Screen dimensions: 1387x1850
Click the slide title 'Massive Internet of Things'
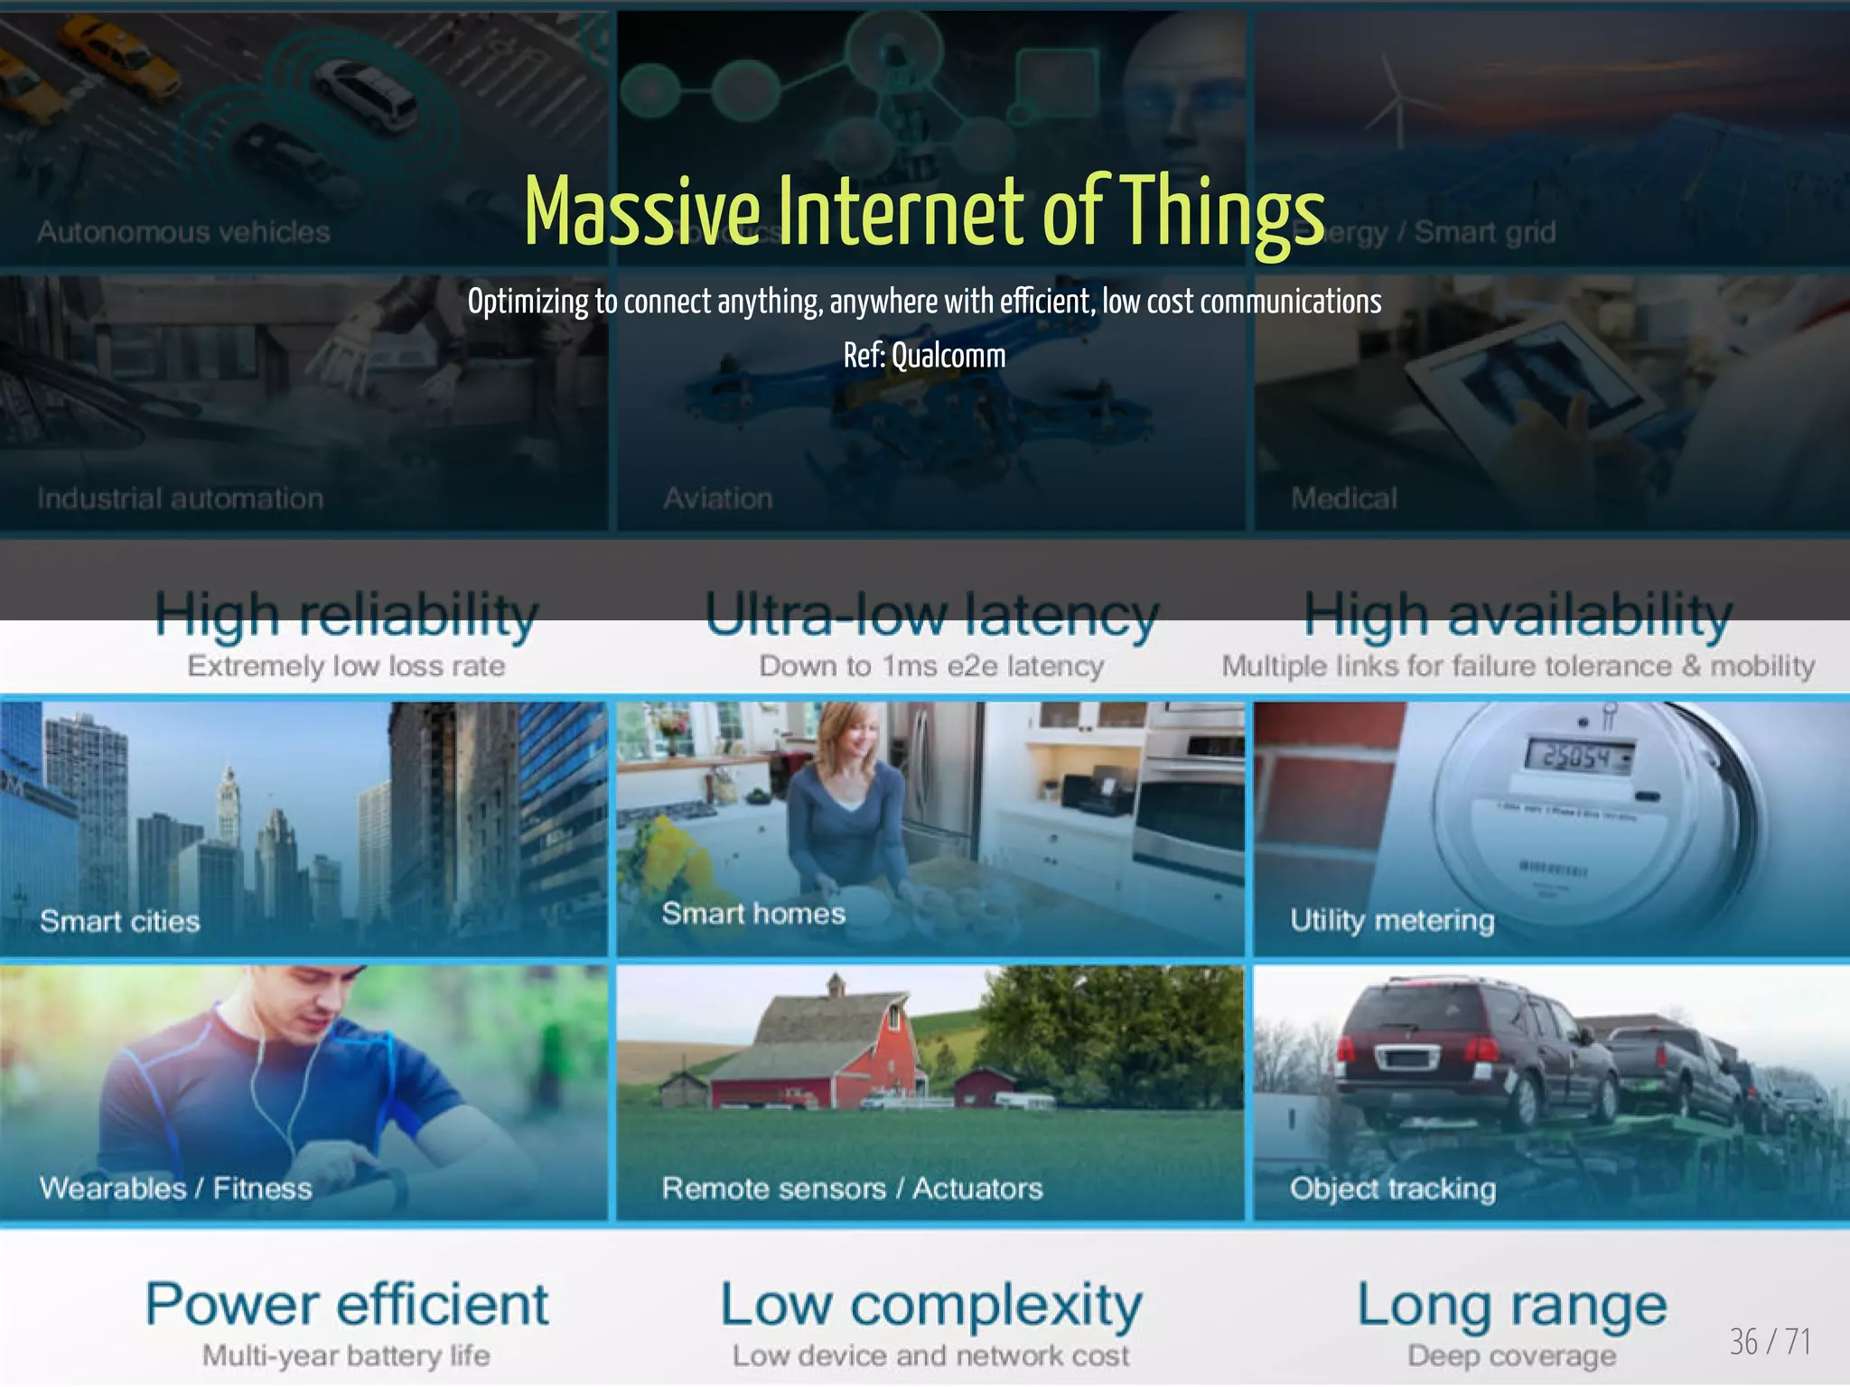click(923, 212)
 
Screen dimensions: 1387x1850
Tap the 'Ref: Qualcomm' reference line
click(924, 356)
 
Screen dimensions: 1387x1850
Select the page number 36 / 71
click(1770, 1342)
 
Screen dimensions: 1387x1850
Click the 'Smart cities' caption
click(119, 921)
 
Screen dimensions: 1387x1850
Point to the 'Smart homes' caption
click(753, 913)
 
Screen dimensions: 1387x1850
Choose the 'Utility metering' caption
click(1392, 920)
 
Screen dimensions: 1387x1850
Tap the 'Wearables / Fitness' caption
click(175, 1187)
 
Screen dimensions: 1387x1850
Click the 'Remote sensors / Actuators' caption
click(852, 1187)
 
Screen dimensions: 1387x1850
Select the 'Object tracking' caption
click(1392, 1188)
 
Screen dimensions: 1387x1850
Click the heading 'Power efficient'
click(347, 1304)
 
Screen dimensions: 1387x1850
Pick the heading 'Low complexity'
click(930, 1306)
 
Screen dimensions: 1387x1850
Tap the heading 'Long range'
click(1511, 1306)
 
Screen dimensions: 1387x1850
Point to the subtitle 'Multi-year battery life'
click(346, 1355)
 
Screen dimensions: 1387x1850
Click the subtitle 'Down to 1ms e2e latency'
click(930, 666)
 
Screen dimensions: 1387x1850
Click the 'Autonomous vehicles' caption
click(183, 232)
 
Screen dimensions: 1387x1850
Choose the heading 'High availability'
click(1518, 615)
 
